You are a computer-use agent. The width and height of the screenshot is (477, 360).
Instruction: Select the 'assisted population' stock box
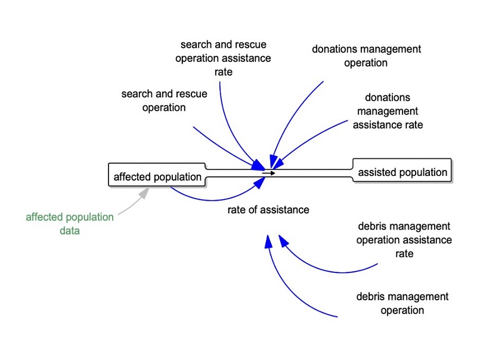pyautogui.click(x=402, y=172)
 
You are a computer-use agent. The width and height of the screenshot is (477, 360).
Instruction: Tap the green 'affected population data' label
pyautogui.click(x=69, y=224)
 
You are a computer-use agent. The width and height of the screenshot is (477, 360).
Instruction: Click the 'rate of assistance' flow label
pyautogui.click(x=268, y=210)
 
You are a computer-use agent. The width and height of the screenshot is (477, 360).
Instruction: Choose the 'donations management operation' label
pyautogui.click(x=366, y=55)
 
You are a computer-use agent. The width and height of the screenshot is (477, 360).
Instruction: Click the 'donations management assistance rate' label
pyautogui.click(x=388, y=111)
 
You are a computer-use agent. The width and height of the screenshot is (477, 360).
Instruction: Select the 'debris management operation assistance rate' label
pyautogui.click(x=404, y=240)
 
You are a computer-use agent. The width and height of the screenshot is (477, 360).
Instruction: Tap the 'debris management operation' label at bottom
pyautogui.click(x=402, y=303)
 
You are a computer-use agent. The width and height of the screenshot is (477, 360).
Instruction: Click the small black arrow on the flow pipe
pyautogui.click(x=268, y=173)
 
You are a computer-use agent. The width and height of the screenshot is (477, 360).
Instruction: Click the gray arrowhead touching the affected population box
pyautogui.click(x=144, y=193)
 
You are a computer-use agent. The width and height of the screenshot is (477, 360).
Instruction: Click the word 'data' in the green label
pyautogui.click(x=69, y=230)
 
